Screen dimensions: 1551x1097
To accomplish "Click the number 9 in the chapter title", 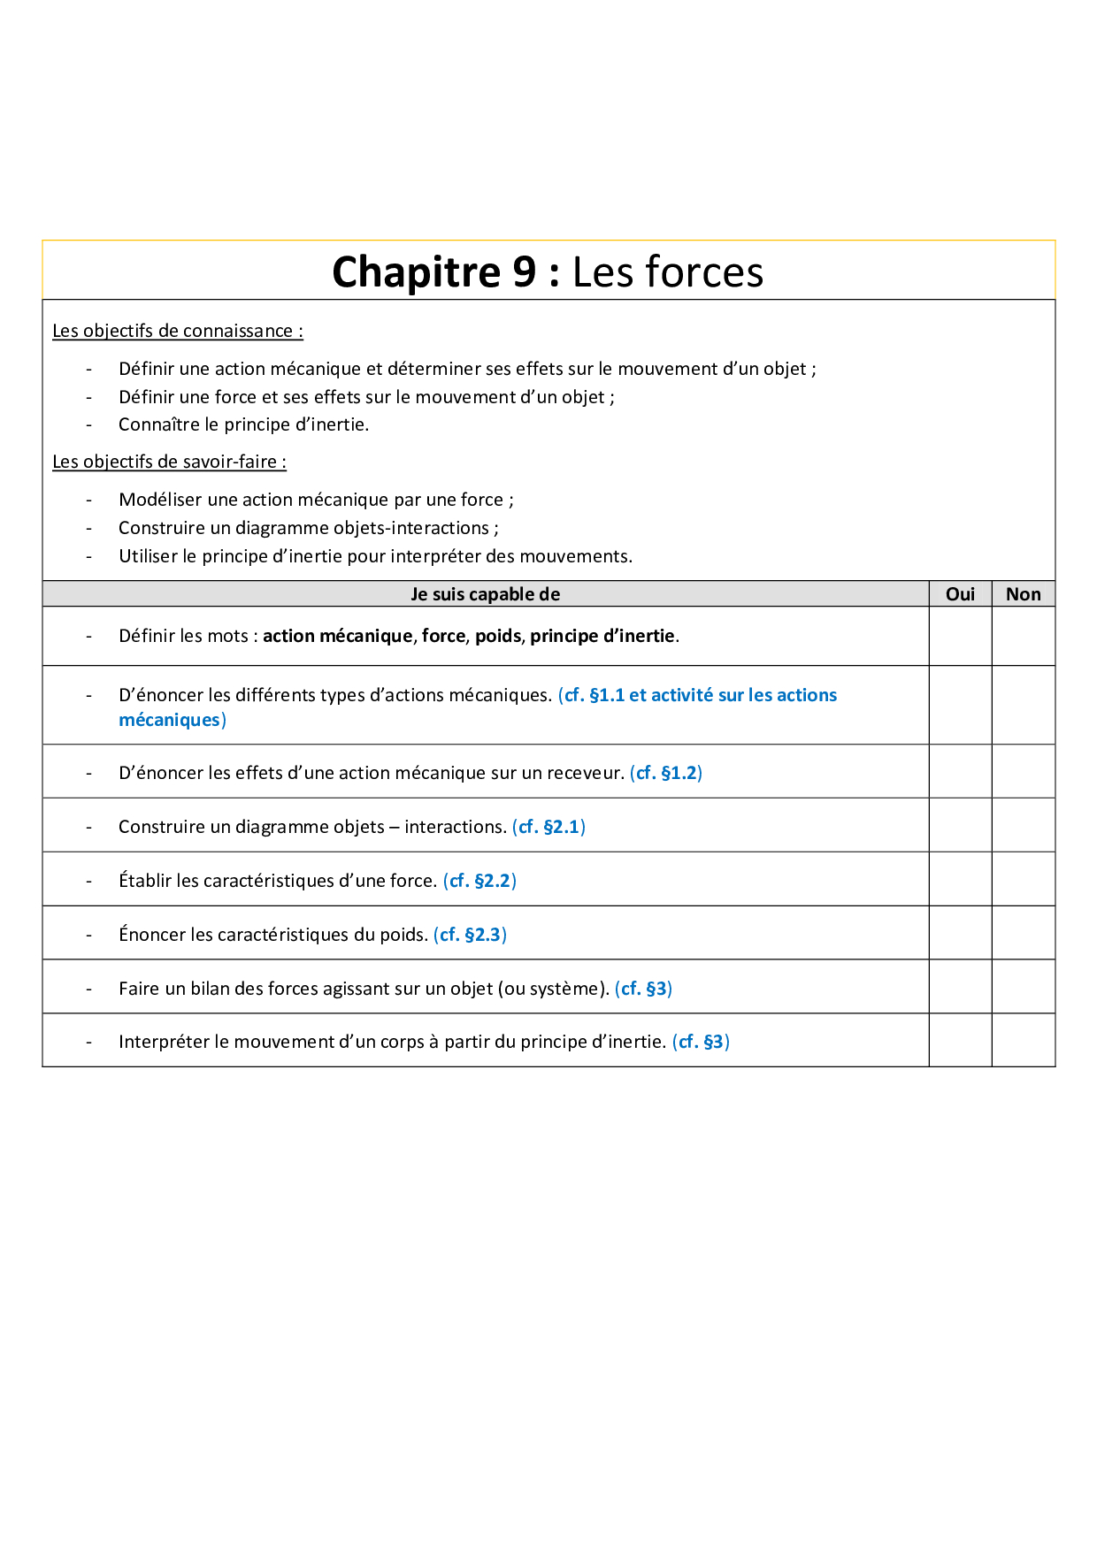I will [x=524, y=271].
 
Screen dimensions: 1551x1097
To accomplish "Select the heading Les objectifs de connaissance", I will [x=177, y=331].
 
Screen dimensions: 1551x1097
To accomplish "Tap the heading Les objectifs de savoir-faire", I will [x=169, y=462].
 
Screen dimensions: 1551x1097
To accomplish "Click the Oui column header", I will [x=960, y=594].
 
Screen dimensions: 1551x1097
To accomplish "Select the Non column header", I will [x=1023, y=594].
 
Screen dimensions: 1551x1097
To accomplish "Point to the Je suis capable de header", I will [x=485, y=594].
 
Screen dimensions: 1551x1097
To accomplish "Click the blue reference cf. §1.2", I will [x=666, y=773].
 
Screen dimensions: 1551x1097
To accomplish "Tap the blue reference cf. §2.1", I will [x=548, y=827].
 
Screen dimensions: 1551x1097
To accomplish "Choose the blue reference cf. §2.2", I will [x=479, y=881].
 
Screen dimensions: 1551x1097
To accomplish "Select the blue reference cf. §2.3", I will [x=470, y=935].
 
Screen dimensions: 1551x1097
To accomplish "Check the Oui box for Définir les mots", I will [x=960, y=636].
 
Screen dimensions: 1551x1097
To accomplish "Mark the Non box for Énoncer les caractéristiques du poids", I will [x=1023, y=933].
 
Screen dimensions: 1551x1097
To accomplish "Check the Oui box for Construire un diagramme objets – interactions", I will [x=960, y=825].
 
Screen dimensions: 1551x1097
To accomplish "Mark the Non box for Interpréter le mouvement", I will [x=1023, y=1040].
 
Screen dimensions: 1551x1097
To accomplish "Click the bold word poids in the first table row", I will [x=498, y=636].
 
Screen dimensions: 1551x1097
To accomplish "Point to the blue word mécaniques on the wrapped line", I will [x=169, y=720].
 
